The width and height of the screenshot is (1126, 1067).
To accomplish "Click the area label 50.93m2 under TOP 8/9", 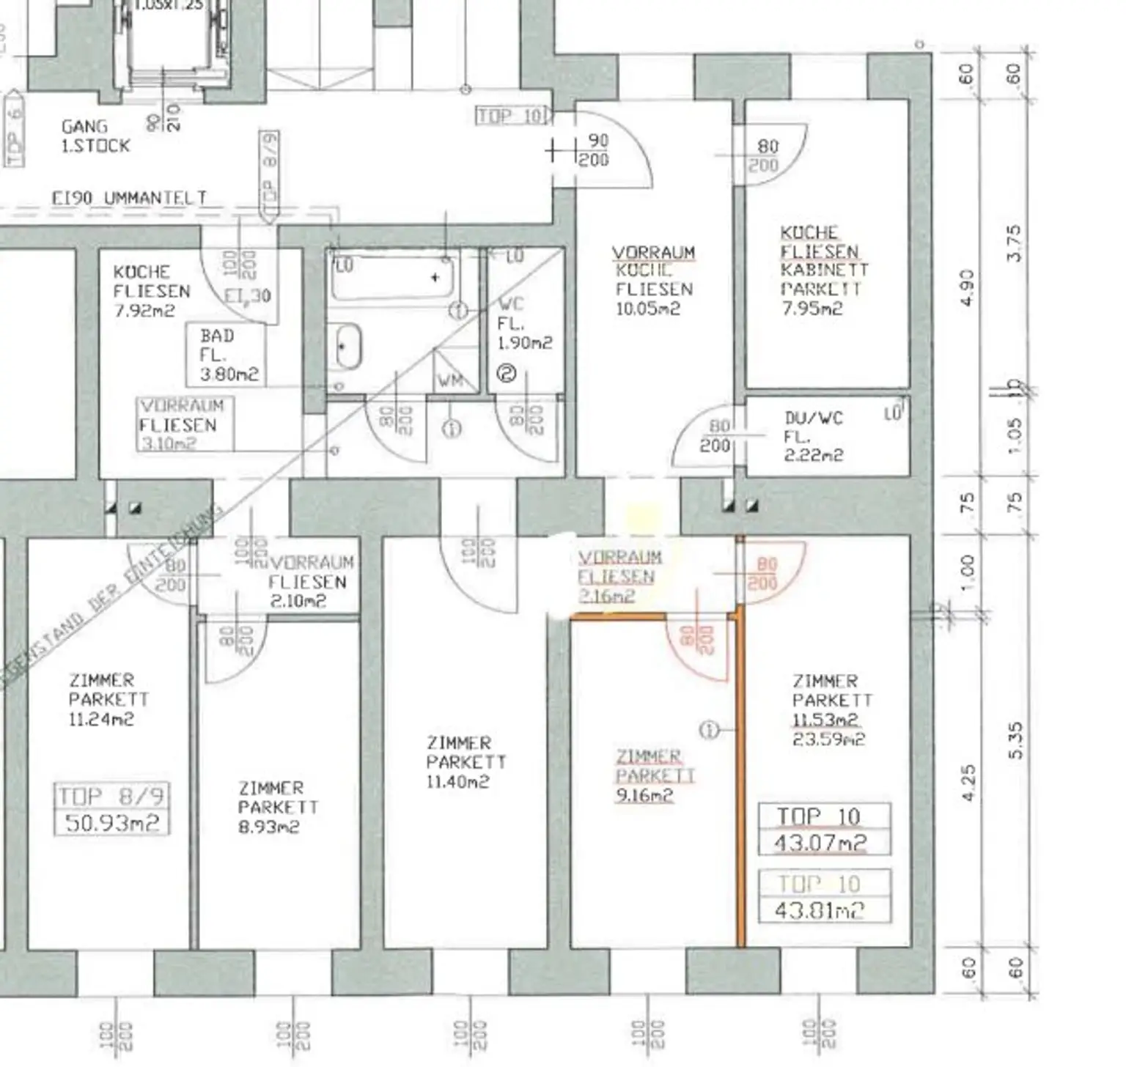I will point(112,822).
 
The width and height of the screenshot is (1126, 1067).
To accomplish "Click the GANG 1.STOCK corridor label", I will point(95,136).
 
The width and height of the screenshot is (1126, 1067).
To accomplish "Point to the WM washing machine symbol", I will point(450,380).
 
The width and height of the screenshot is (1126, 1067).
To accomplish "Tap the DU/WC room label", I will point(814,418).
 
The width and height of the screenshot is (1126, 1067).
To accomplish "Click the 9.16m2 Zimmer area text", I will point(644,795).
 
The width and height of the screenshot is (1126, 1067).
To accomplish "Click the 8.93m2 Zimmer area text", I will point(268,827).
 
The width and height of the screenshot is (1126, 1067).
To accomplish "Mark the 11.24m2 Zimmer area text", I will point(100,719).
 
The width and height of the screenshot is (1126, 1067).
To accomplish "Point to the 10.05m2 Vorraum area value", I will point(648,309).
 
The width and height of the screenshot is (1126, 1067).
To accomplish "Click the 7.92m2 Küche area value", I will point(144,310).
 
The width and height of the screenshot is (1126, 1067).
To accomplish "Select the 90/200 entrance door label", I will point(594,149).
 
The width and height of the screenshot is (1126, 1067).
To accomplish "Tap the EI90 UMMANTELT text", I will point(129,198).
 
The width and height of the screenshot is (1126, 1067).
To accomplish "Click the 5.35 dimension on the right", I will point(1015,740).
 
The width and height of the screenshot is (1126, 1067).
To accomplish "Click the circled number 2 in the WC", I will point(507,374).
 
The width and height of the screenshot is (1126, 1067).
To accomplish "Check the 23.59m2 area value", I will point(828,739).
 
